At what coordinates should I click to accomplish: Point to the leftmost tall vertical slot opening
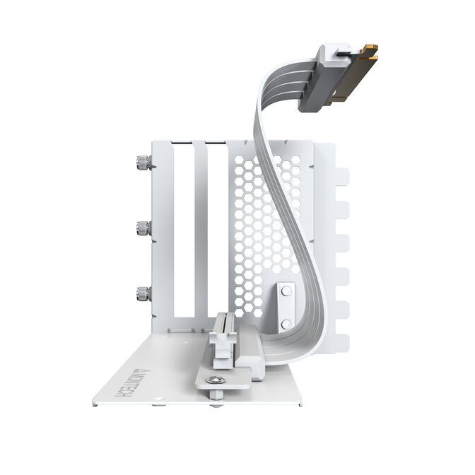[x=184, y=233]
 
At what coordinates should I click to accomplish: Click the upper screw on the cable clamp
[x=286, y=290]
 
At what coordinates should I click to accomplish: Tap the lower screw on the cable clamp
[x=286, y=323]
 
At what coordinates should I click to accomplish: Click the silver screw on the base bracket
[x=218, y=381]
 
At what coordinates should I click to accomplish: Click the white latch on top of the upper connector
[x=332, y=52]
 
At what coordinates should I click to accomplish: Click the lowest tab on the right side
[x=341, y=344]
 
